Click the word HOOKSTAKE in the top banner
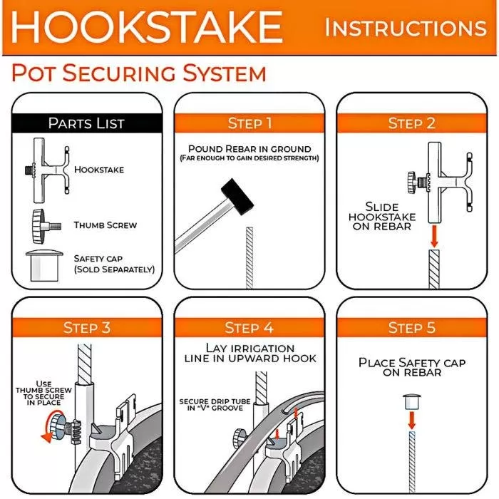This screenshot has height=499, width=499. [x=147, y=27]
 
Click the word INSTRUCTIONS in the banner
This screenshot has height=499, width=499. [x=406, y=28]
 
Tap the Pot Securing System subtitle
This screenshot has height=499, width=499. [x=139, y=73]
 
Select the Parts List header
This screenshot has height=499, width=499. [x=86, y=123]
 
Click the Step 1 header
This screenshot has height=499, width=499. [x=249, y=123]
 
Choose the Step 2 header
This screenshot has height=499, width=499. [x=411, y=123]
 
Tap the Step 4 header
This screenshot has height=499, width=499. [x=249, y=328]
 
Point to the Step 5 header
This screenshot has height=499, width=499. [x=411, y=328]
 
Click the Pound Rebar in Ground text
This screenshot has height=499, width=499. [x=249, y=149]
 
